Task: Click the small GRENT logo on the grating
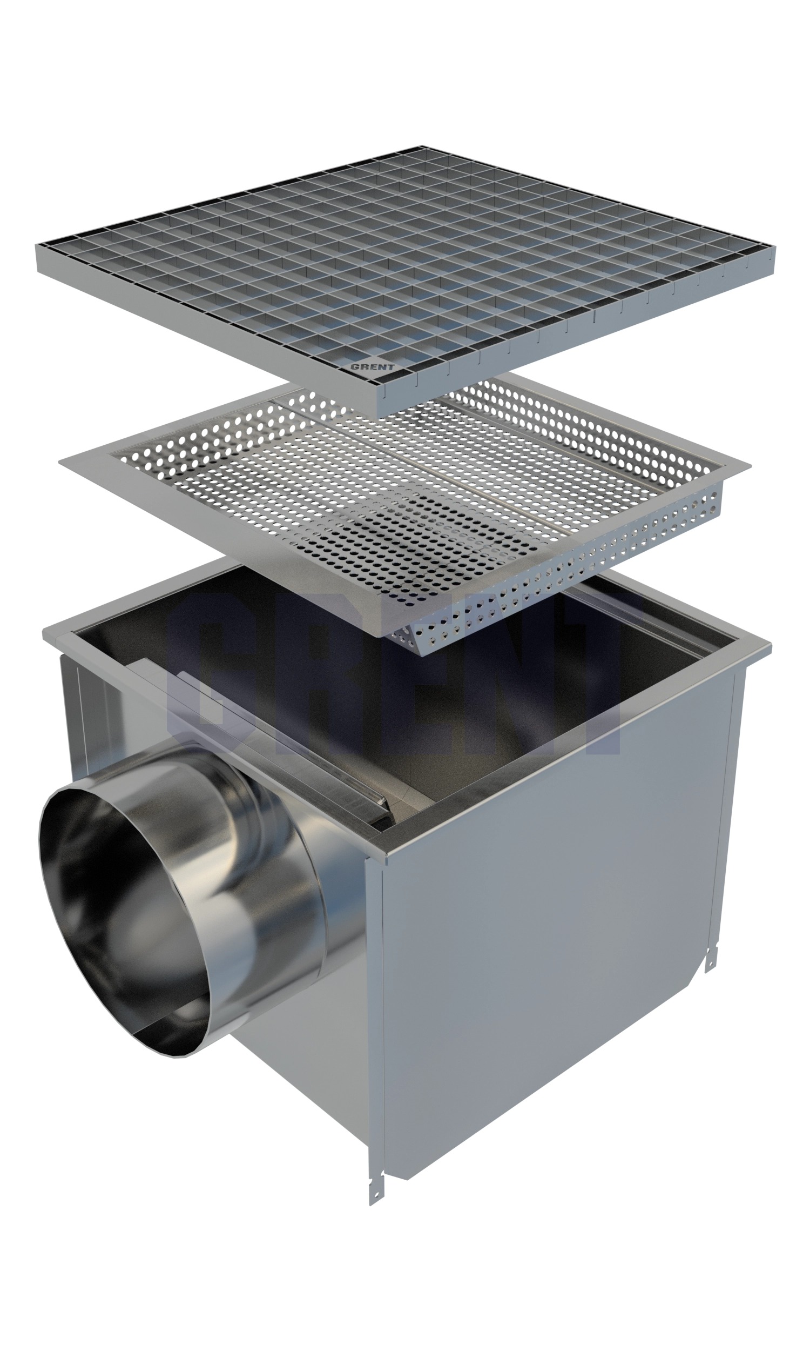coord(372,367)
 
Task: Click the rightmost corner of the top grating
coord(775,247)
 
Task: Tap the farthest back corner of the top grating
coord(421,146)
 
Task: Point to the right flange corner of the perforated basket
coord(751,466)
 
